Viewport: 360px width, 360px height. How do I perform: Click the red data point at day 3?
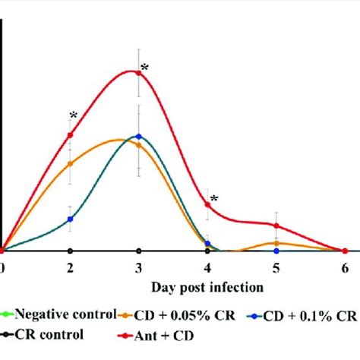138,72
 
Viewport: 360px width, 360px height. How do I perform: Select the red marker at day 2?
70,135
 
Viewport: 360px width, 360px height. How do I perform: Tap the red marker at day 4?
207,204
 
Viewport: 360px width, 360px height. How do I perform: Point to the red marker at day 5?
276,226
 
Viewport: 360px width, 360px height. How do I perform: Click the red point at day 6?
345,251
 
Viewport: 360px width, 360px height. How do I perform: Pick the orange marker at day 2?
70,163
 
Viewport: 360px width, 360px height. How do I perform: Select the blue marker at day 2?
70,219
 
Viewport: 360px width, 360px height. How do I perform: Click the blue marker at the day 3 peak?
138,137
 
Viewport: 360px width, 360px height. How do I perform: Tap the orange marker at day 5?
276,243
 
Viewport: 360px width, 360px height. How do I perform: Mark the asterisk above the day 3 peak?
144,68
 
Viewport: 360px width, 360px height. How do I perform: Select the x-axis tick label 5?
276,267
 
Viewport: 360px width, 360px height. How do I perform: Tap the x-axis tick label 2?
70,267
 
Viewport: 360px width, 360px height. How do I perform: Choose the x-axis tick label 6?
345,267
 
